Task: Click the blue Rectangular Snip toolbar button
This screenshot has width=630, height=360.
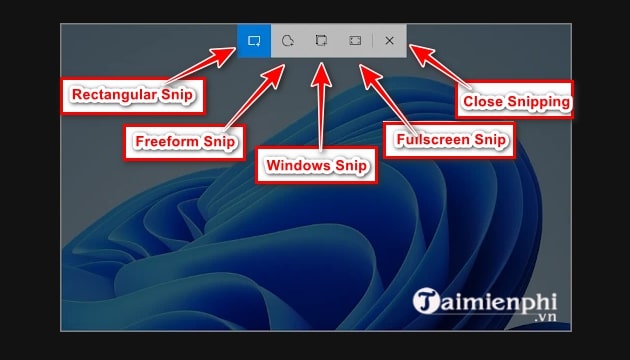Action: point(254,41)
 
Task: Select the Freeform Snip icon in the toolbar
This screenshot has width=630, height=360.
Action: point(288,41)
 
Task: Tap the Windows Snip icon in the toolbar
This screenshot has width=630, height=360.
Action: point(321,41)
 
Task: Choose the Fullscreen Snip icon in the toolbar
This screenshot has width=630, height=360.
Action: point(355,41)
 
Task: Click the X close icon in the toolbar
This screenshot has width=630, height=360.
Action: point(389,41)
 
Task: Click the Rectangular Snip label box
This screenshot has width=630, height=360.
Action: point(131,96)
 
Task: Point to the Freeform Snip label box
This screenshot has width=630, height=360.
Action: point(185,142)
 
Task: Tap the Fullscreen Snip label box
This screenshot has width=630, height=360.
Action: point(450,140)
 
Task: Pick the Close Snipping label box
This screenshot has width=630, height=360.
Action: point(514,100)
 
